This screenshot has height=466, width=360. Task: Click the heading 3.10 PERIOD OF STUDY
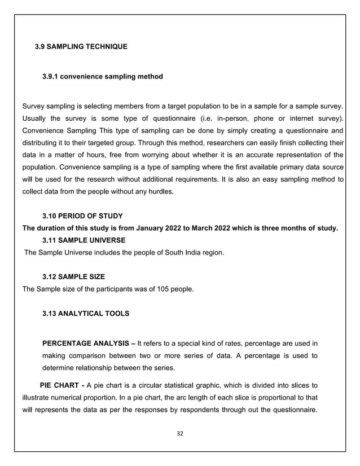[82, 217]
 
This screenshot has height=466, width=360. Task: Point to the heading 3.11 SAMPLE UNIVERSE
[84, 240]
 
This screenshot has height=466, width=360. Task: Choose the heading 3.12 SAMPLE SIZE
[73, 276]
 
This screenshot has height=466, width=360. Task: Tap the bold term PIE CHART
[59, 386]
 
